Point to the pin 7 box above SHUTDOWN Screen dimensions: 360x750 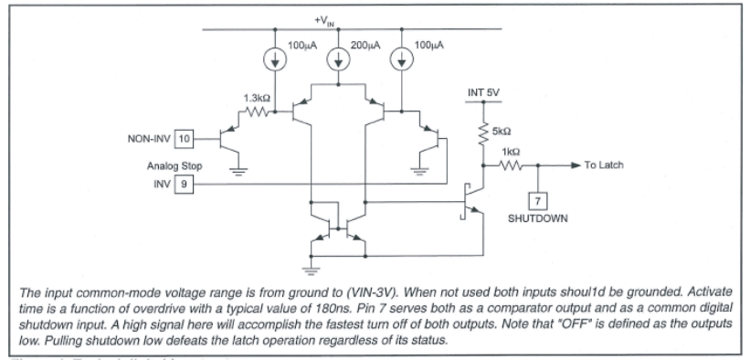click(x=539, y=200)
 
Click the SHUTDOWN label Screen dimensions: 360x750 click(x=539, y=220)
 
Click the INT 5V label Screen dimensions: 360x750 click(x=478, y=91)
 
